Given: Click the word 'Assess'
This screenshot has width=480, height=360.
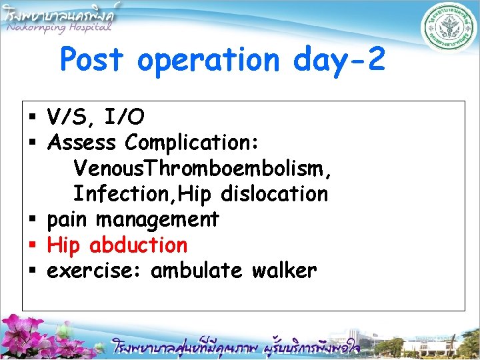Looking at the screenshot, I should [x=82, y=143].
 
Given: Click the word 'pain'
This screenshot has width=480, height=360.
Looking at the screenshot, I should [x=69, y=220].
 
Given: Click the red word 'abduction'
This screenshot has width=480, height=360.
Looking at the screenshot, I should [x=138, y=245].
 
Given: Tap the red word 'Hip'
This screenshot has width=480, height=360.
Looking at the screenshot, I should [x=64, y=245].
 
